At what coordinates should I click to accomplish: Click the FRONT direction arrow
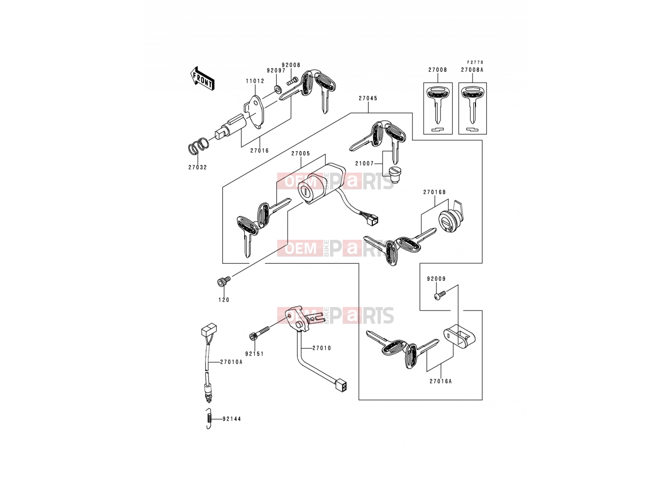(x=202, y=79)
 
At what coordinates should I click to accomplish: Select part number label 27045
(x=368, y=98)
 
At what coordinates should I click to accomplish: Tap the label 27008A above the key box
(x=472, y=70)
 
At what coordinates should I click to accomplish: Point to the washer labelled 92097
(x=278, y=89)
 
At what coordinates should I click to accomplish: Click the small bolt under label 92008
(x=292, y=81)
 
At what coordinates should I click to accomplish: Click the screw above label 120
(x=224, y=281)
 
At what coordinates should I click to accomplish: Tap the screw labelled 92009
(x=440, y=295)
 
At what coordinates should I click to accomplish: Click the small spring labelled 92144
(x=208, y=419)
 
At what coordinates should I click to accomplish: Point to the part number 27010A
(x=231, y=362)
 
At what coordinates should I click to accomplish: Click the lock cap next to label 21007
(x=395, y=175)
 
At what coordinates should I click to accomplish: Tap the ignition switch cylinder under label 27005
(x=321, y=184)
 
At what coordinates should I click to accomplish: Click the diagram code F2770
(x=475, y=63)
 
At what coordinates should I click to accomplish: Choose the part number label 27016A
(x=440, y=381)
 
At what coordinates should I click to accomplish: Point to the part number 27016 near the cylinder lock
(x=260, y=150)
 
